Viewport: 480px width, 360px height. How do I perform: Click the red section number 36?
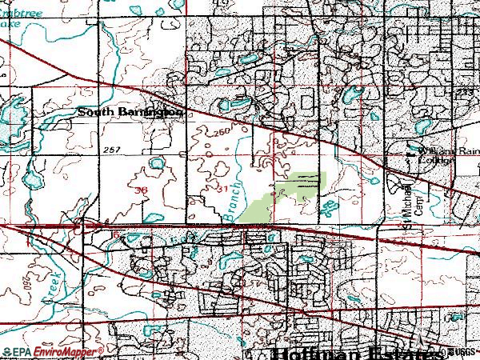(141, 190)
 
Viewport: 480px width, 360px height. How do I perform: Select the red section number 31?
(224, 188)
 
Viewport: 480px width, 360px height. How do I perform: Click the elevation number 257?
(112, 150)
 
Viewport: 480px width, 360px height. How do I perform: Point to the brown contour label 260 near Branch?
(222, 132)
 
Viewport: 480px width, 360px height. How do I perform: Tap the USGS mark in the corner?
(462, 352)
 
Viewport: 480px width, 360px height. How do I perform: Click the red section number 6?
(116, 234)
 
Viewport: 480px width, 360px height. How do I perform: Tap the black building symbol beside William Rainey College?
(413, 149)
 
